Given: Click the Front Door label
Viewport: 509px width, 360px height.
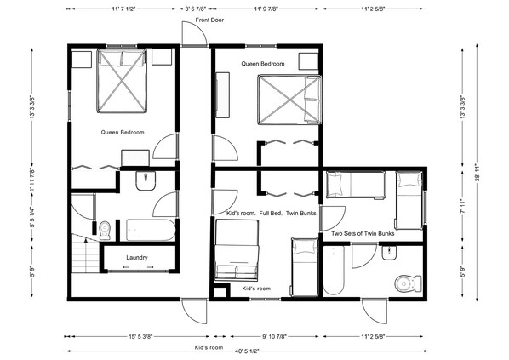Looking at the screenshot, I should [x=210, y=20].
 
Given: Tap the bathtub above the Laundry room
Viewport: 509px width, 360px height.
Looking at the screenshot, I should [x=150, y=229].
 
